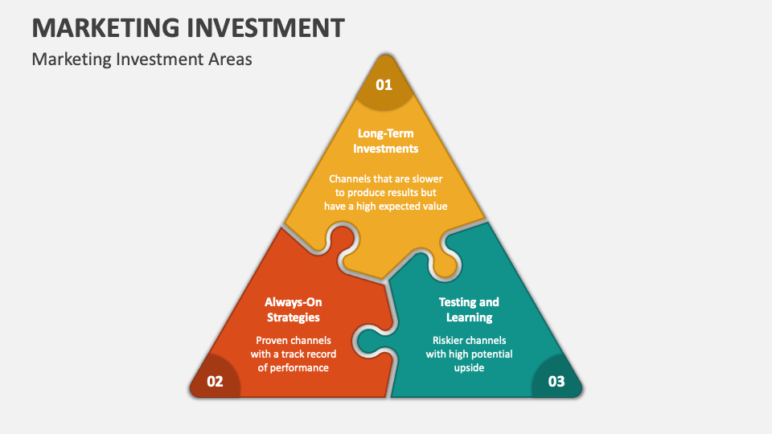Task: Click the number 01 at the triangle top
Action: pos(384,84)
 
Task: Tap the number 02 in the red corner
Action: pos(215,382)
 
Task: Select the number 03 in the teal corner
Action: pos(556,382)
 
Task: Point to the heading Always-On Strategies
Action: pos(293,309)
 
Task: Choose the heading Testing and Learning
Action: pos(469,309)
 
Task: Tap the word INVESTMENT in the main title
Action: pos(268,27)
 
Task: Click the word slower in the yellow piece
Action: pos(427,178)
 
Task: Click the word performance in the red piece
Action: pos(299,367)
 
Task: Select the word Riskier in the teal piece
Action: pos(450,340)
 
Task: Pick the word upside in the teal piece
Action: pos(469,367)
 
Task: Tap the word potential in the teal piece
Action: pos(488,354)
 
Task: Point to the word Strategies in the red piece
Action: pos(293,317)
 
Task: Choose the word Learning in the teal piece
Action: pos(469,317)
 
